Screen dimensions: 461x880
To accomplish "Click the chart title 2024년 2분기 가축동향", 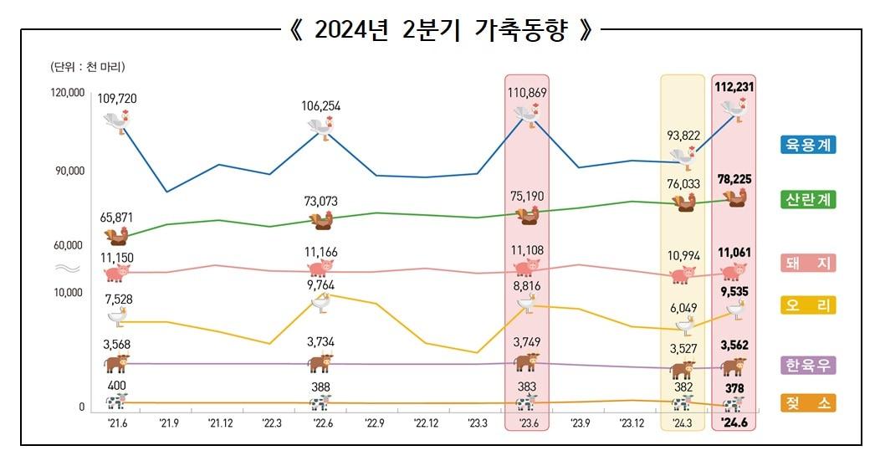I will click(x=441, y=31).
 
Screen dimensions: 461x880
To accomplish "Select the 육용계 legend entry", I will click(x=808, y=145).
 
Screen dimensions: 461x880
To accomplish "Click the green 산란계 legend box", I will click(x=808, y=200).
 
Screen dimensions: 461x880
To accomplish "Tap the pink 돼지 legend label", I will click(x=808, y=263).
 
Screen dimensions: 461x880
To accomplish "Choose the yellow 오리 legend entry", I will click(x=808, y=305).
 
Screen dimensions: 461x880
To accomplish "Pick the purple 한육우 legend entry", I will click(x=808, y=366).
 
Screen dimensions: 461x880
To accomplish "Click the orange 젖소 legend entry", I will click(x=808, y=403).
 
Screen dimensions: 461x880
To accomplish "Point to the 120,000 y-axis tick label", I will click(x=68, y=93).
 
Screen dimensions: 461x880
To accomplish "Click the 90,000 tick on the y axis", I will click(x=70, y=171).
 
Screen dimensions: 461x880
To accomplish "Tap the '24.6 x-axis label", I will click(x=734, y=423).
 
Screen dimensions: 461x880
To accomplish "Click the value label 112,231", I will click(x=734, y=86).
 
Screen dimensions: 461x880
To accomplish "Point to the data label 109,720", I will click(x=117, y=99).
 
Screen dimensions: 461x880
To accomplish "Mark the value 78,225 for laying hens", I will click(x=734, y=179).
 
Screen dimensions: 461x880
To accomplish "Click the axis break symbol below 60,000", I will click(x=67, y=268).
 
